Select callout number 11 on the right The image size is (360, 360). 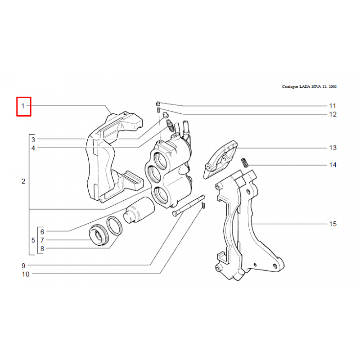coord(333,106)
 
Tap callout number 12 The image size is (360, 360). coord(333,114)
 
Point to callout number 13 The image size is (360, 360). coord(333,148)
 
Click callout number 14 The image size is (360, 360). coord(333,165)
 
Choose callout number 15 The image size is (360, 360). coord(333,224)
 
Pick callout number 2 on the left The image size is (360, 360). coord(23,182)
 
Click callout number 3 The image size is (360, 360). coord(33,140)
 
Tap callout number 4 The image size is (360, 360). coord(33,148)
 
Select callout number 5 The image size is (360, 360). coord(33,240)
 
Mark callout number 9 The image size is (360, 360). coord(23,265)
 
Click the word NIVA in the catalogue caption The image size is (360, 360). coord(313,86)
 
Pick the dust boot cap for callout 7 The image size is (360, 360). coord(99,235)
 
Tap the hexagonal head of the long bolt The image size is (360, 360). coord(175,214)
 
